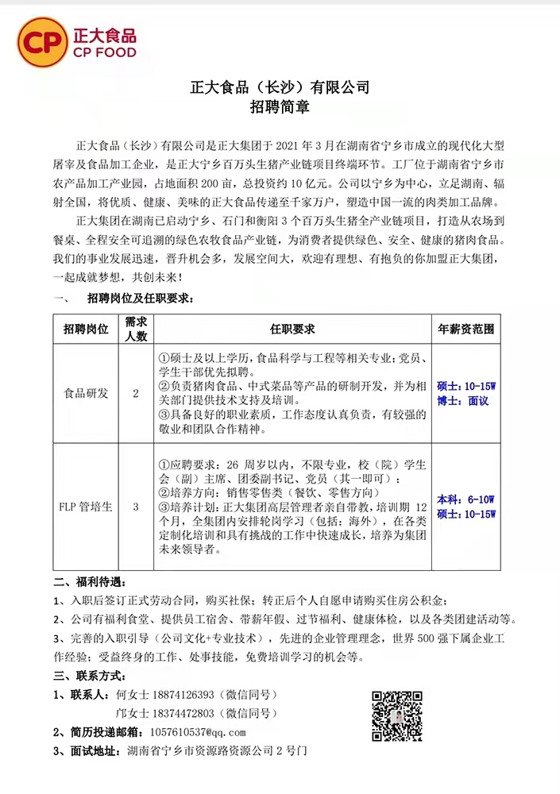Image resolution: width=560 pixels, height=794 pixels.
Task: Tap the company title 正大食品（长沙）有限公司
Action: pos(280,87)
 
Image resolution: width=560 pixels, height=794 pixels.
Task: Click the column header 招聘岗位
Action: pos(86,329)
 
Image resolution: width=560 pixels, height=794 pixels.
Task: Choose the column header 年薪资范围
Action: pos(466,329)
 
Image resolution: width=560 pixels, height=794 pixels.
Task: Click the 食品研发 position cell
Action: pos(86,393)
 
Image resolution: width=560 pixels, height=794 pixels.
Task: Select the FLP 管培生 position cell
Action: pos(86,506)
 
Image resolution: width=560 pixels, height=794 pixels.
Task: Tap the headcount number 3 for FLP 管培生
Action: pos(136,506)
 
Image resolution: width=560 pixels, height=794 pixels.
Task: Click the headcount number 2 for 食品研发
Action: pos(136,393)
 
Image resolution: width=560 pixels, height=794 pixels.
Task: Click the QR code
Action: pos(396,715)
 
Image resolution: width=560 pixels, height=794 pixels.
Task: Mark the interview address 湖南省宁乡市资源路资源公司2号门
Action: pos(216,750)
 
